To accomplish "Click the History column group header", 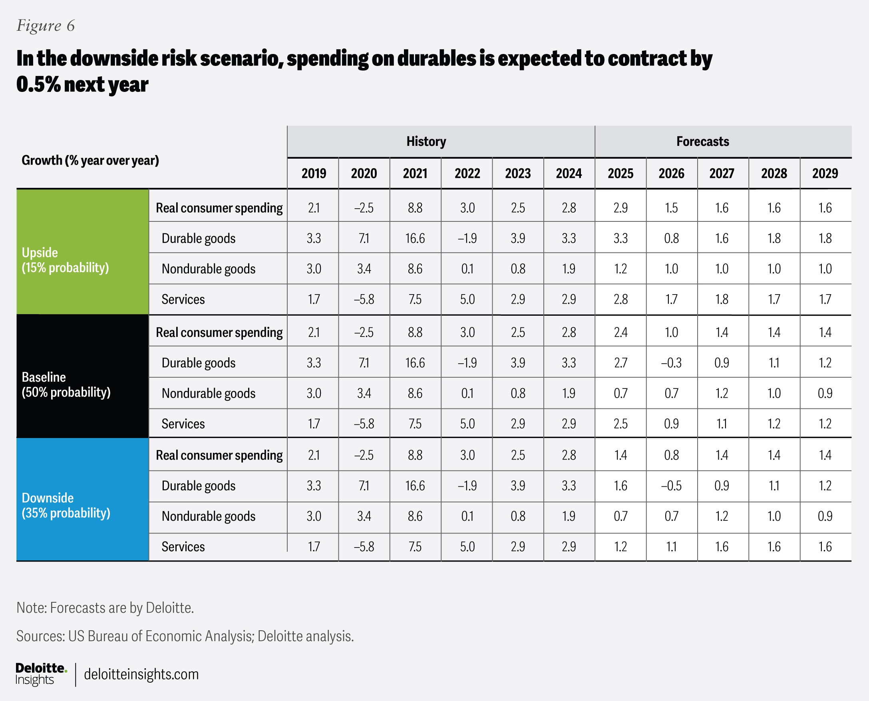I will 426,141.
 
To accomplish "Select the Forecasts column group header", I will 703,141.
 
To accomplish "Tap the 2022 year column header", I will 467,173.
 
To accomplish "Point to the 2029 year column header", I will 825,173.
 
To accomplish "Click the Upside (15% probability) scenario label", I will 66,260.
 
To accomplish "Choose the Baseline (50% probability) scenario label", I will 66,384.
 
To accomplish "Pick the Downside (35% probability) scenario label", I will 66,505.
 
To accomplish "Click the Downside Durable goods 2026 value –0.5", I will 671,486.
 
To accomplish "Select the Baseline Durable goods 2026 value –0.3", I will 671,363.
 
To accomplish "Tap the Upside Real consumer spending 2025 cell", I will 620,208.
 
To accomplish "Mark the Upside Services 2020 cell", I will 364,299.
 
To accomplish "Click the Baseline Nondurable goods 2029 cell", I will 825,393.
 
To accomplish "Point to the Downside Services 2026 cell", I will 671,547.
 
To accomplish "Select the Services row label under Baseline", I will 183,424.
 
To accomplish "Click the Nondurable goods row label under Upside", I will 208,269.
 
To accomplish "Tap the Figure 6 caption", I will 46,26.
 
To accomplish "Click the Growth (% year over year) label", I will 90,160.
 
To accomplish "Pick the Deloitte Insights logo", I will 41,674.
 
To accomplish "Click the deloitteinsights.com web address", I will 141,674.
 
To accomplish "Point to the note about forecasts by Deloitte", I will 105,608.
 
